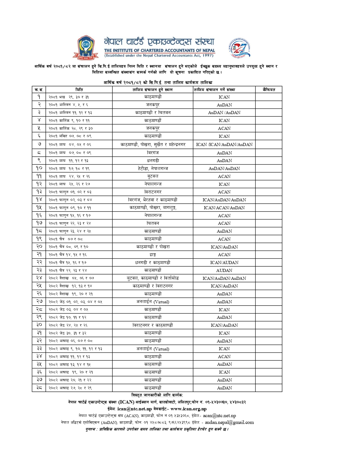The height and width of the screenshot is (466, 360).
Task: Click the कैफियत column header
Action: (269, 90)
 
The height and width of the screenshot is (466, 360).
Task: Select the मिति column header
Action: (79, 90)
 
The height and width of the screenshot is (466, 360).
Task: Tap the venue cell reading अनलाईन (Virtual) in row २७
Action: (153, 302)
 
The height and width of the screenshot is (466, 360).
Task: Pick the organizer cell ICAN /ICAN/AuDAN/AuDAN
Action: (224, 144)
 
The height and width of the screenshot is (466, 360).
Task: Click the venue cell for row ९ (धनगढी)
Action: (153, 160)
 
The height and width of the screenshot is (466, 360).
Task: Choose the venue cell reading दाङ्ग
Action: (153, 254)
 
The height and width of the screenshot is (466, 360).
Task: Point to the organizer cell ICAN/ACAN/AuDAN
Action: (224, 208)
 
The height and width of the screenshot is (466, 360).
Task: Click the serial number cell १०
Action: (39, 168)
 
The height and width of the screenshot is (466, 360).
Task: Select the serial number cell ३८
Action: (39, 388)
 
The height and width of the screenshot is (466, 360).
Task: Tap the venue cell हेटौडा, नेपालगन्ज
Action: (153, 168)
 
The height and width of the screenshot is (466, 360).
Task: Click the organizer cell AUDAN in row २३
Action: (224, 270)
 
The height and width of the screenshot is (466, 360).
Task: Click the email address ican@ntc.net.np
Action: (134, 409)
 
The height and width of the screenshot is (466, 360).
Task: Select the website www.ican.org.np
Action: (188, 409)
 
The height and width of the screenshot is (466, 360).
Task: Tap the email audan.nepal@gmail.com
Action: (229, 423)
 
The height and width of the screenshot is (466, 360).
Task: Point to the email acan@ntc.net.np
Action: (219, 416)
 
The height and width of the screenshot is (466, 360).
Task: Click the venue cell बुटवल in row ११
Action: (153, 176)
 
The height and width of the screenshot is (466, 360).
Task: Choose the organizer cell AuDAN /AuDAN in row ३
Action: (224, 112)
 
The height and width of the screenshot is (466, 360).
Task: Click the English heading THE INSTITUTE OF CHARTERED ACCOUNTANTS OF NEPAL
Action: (160, 51)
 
